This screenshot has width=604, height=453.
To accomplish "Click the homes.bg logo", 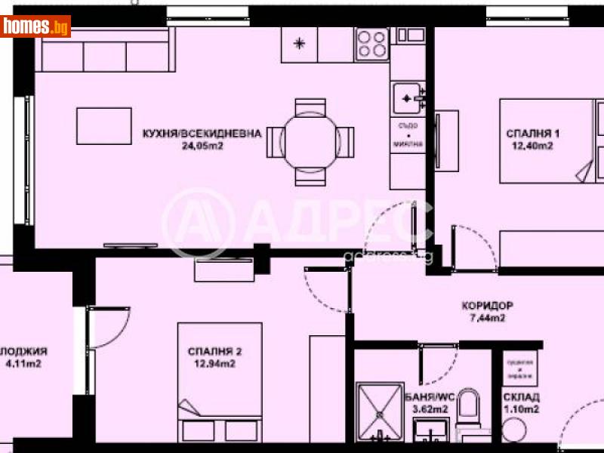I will (35, 26).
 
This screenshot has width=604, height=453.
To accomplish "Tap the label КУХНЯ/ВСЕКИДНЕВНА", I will (202, 134).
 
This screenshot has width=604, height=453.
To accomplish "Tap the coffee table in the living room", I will (103, 125).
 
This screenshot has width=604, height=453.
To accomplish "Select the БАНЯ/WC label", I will (431, 397).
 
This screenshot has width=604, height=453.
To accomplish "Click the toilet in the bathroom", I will (469, 412).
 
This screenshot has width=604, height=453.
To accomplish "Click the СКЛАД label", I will (520, 398).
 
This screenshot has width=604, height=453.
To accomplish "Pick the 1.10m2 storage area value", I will (520, 410).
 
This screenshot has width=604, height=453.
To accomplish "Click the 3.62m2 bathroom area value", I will (431, 410).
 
